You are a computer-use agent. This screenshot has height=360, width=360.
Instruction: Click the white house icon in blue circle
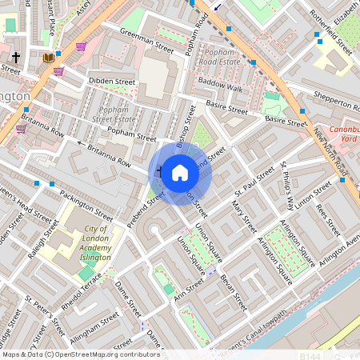(x=180, y=172)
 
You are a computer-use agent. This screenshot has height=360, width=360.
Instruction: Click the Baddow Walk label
(x=220, y=87)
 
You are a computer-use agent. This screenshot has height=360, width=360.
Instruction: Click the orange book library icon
(x=48, y=58)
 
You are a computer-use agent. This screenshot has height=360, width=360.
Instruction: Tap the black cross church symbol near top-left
(x=16, y=58)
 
